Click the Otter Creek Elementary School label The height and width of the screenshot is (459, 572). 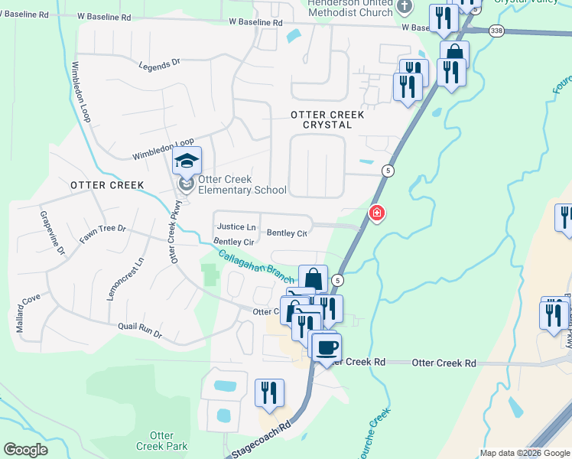pyautogui.click(x=242, y=185)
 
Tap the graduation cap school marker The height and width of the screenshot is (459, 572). pyautogui.click(x=186, y=161)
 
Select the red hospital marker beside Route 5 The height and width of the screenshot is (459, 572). pyautogui.click(x=376, y=213)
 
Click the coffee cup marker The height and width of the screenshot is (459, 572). pyautogui.click(x=327, y=348)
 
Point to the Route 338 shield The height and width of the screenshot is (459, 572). pyautogui.click(x=497, y=30)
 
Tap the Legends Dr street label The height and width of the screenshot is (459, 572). pyautogui.click(x=159, y=67)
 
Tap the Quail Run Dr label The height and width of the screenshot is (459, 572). pyautogui.click(x=140, y=329)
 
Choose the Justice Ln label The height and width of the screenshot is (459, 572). pyautogui.click(x=236, y=227)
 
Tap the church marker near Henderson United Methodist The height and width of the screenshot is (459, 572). pyautogui.click(x=405, y=7)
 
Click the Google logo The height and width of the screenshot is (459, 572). pyautogui.click(x=26, y=450)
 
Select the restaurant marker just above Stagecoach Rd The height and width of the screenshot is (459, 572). pyautogui.click(x=269, y=393)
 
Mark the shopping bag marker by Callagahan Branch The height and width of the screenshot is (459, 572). pyautogui.click(x=313, y=279)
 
